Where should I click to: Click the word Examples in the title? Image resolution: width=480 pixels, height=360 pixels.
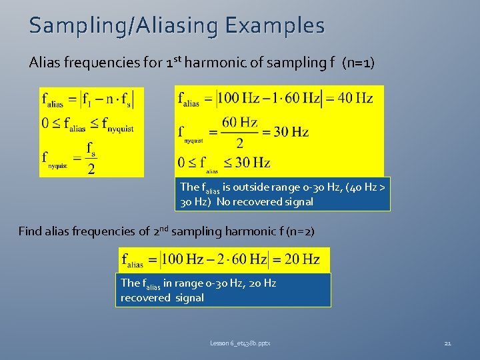click(x=275, y=26)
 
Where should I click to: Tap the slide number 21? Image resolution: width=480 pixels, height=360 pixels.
click(x=447, y=343)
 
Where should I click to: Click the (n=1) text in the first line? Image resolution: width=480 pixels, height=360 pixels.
click(x=358, y=63)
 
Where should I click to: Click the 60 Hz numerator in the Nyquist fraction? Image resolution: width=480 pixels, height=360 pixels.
click(x=239, y=122)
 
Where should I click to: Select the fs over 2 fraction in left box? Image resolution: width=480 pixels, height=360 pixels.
click(x=91, y=157)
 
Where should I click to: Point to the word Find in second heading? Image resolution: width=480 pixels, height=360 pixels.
click(x=31, y=231)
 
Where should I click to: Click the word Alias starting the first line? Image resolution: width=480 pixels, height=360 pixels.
click(x=44, y=63)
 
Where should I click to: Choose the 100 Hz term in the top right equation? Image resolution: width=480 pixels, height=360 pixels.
click(x=239, y=99)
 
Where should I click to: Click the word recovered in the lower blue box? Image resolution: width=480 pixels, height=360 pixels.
click(x=146, y=297)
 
